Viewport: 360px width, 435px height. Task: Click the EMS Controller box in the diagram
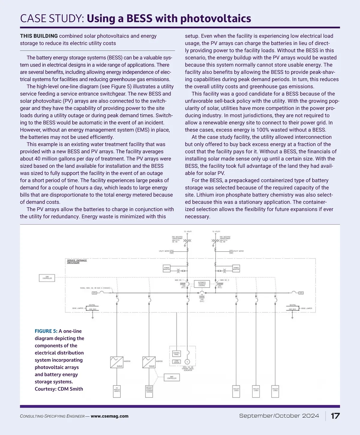coord(47,278)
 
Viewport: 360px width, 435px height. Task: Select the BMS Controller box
coord(172,377)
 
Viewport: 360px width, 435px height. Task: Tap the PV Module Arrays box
coord(117,391)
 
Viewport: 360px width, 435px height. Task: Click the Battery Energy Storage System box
coord(149,391)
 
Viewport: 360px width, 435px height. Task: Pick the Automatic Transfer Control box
coord(202,284)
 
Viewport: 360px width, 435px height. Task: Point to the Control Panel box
coord(176,353)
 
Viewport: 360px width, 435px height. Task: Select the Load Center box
coord(176,362)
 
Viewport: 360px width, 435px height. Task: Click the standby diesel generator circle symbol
coord(188,362)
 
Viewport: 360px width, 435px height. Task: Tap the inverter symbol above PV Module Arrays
coord(116,362)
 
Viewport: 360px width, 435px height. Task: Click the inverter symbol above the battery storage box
coord(149,362)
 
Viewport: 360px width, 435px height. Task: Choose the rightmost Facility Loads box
coord(275,391)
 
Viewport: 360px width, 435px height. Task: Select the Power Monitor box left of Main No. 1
coord(166,268)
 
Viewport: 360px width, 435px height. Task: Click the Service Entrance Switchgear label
coord(77,261)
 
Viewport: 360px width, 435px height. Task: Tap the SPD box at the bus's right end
coord(301,293)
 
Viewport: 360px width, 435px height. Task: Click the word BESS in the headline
coord(139,19)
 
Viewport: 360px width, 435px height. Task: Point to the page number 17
coord(335,416)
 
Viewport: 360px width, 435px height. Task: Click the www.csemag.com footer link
coord(109,416)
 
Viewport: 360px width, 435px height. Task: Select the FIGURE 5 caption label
coord(46,331)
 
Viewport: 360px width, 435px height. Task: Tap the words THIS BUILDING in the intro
coord(39,36)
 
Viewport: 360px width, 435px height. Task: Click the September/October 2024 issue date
coord(279,416)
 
